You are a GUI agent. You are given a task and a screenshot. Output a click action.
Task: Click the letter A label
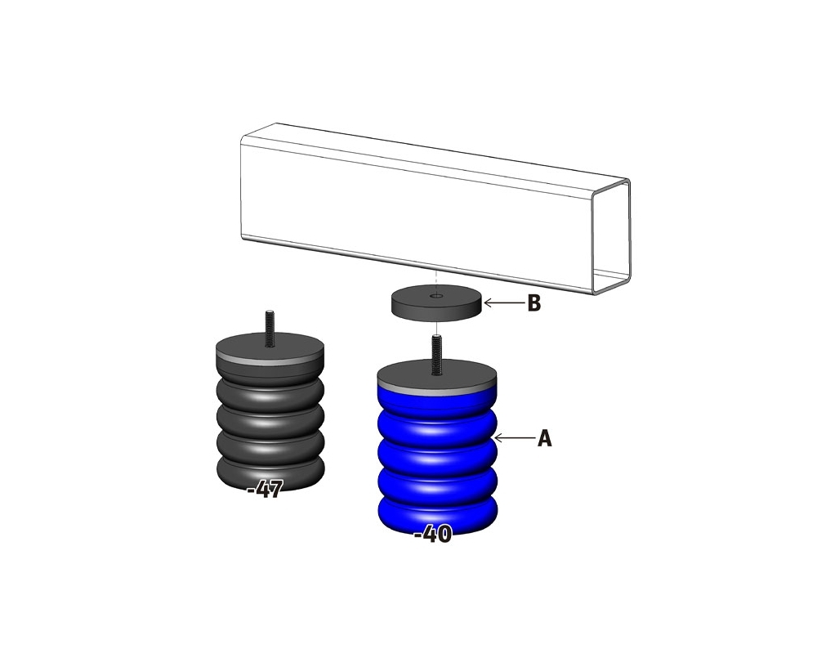tap(544, 439)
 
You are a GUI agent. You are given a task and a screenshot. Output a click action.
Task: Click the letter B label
tap(534, 303)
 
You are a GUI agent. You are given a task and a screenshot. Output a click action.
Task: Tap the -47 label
tap(266, 490)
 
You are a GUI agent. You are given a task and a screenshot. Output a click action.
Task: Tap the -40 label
tap(433, 534)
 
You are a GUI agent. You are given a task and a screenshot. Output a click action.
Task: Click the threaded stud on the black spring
tap(270, 329)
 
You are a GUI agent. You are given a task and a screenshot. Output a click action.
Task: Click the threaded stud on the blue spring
tap(436, 355)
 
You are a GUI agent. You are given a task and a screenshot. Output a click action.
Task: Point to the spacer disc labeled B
tap(436, 303)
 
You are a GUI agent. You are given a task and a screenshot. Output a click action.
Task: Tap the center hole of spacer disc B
tap(436, 296)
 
